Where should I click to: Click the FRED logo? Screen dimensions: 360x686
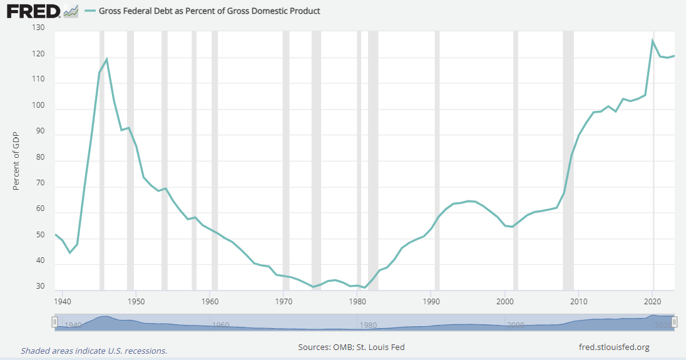point(33,11)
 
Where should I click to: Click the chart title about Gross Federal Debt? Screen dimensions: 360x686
point(210,11)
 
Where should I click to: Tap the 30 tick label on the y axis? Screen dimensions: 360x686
point(39,287)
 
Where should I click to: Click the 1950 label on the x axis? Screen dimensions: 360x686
point(136,301)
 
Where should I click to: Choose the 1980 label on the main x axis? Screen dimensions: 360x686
point(357,301)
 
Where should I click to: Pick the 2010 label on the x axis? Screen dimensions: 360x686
point(579,301)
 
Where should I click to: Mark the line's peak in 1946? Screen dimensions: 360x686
point(106,59)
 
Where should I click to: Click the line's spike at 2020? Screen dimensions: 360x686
point(653,41)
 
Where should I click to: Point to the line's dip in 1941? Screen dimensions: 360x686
point(69,252)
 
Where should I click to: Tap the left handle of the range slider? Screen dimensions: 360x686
point(54,322)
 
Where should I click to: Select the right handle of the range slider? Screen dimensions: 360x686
point(675,322)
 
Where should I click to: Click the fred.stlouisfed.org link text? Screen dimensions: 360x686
point(615,347)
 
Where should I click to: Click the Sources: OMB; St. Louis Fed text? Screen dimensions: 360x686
point(356,347)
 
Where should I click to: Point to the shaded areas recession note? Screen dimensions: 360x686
point(94,351)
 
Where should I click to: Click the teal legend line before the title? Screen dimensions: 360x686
point(90,11)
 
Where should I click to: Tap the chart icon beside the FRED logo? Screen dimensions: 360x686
point(71,11)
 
